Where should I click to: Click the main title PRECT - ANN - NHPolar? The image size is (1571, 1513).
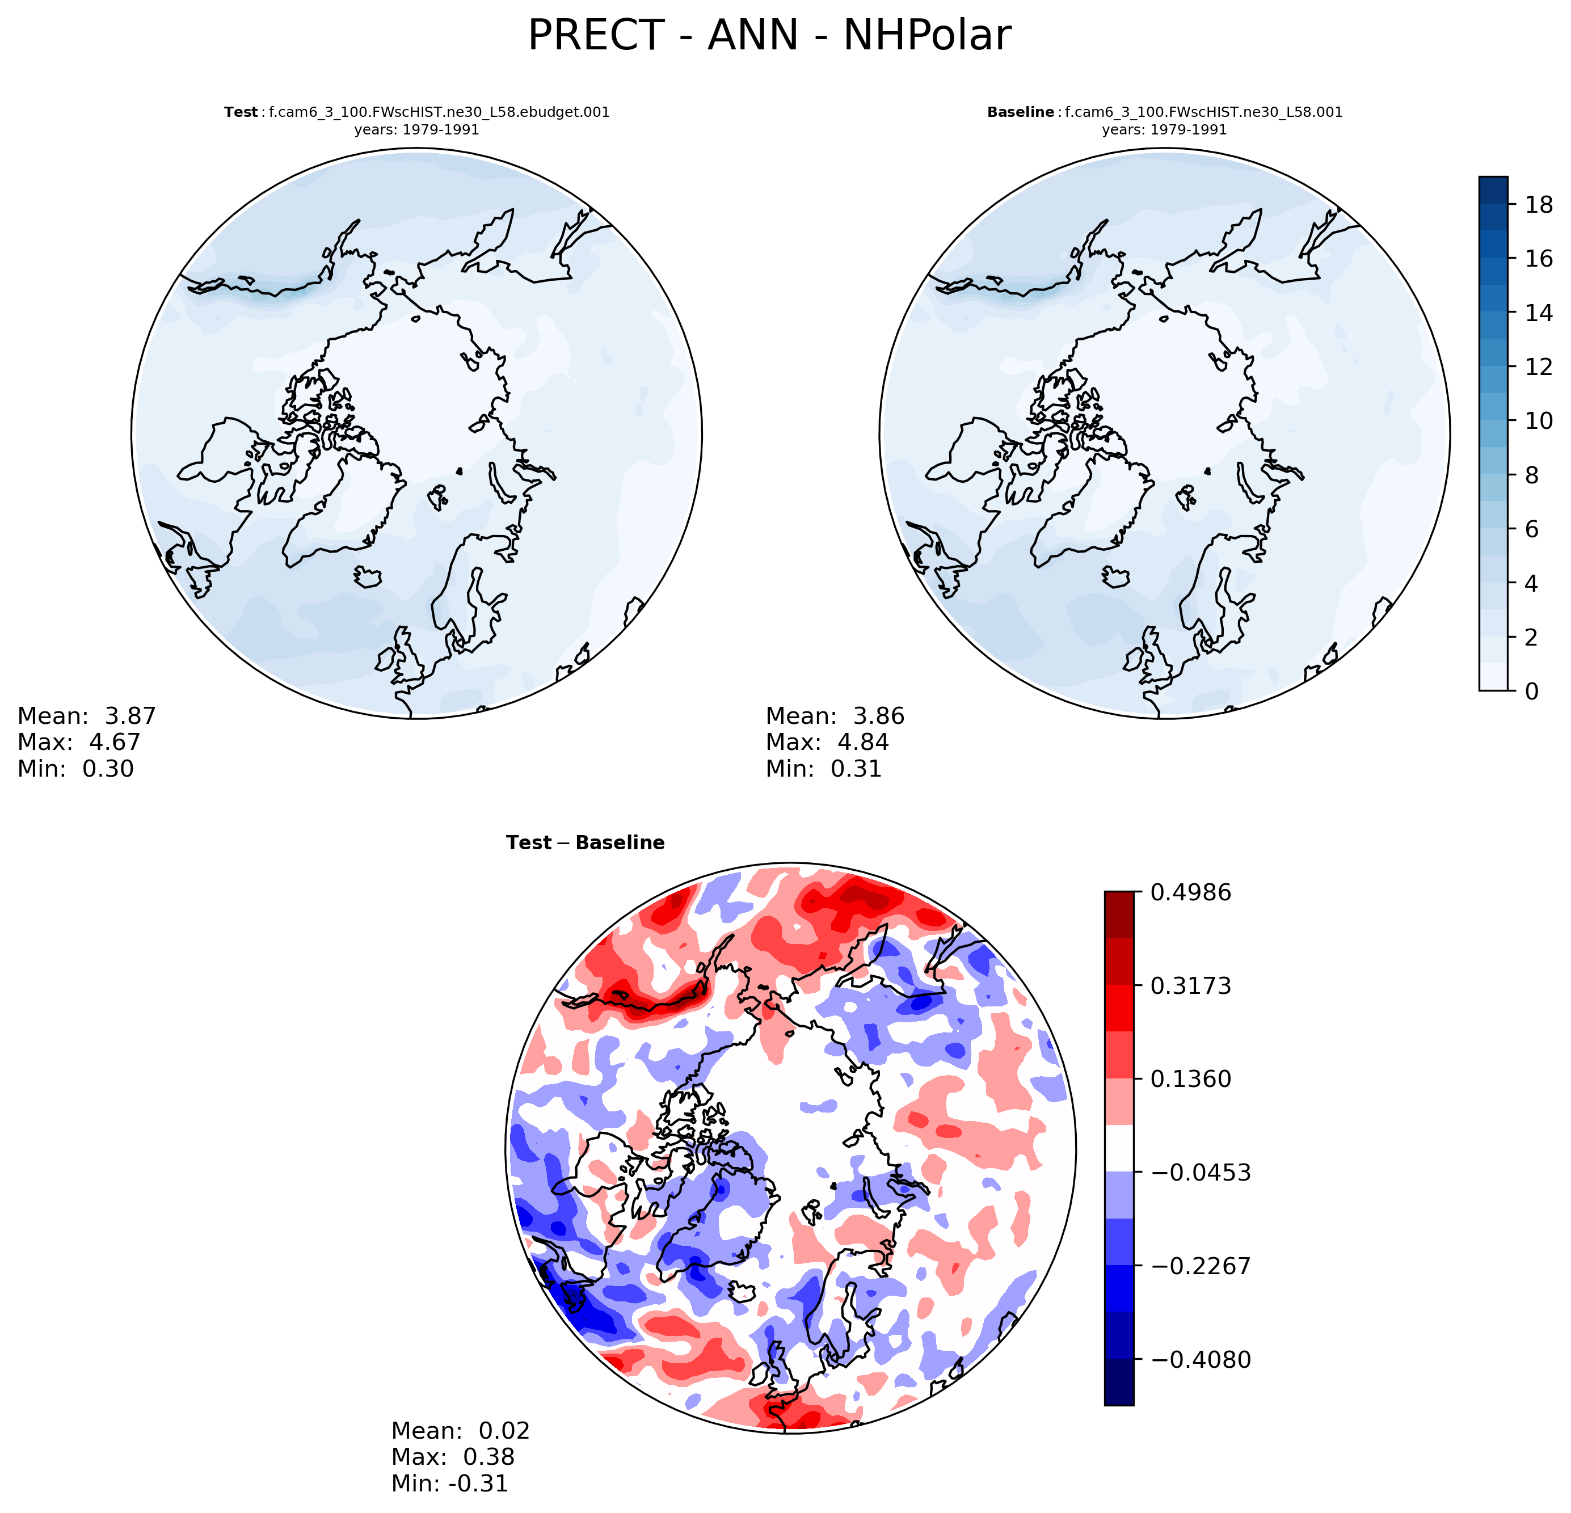point(769,36)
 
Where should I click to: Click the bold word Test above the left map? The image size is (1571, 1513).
point(241,112)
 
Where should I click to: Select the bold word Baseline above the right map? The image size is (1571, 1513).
point(1020,112)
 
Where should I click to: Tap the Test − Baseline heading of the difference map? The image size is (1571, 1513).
point(585,843)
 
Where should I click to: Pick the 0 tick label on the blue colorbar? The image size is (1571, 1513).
point(1532,691)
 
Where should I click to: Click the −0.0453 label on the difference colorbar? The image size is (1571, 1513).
point(1200,1173)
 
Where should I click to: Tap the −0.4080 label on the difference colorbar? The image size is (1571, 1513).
point(1200,1359)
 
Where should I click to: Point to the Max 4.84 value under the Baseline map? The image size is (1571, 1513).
point(827,742)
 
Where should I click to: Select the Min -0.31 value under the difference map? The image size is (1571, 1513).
point(450,1484)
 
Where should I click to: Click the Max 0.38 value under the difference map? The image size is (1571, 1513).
point(453,1457)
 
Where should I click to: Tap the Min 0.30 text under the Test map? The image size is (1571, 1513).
point(75,769)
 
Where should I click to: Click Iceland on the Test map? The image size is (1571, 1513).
point(368,576)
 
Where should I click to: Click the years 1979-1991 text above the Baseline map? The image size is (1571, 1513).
point(1164,130)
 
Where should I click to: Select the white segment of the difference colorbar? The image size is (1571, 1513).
point(1119,1148)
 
